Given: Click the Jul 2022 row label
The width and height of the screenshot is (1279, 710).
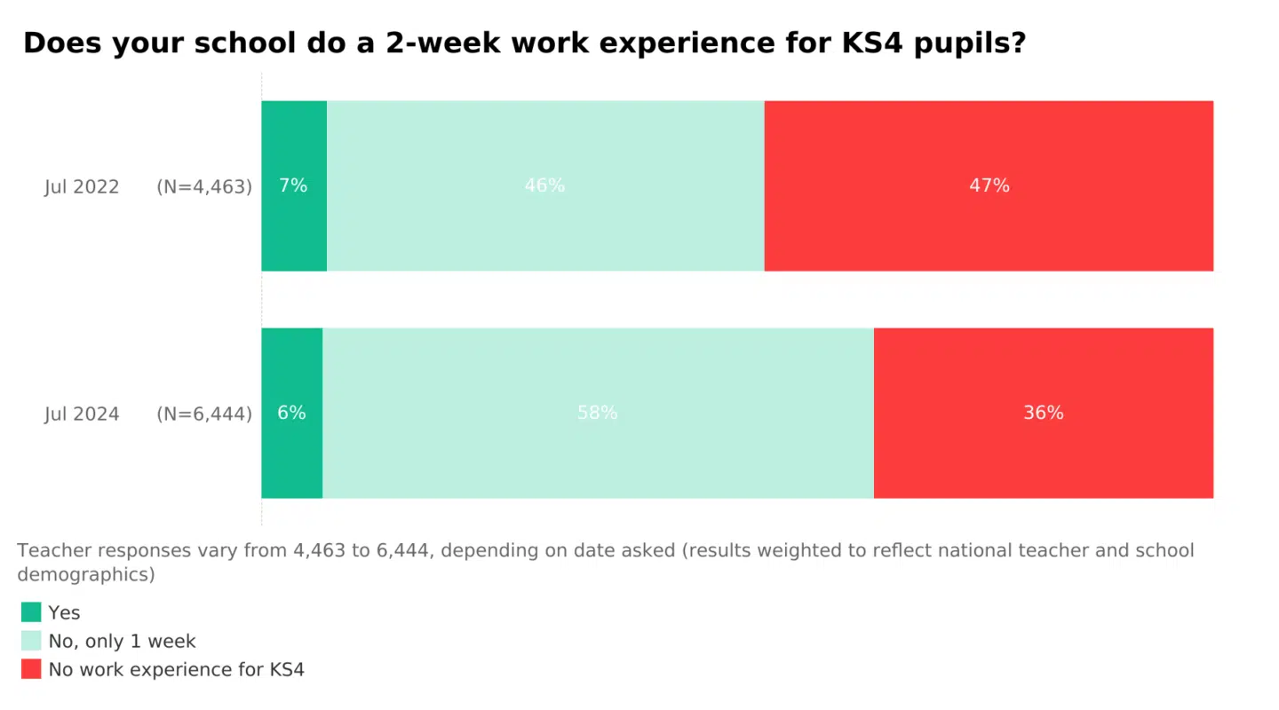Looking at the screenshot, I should point(82,187).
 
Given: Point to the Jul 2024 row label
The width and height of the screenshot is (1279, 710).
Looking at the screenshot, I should point(82,414).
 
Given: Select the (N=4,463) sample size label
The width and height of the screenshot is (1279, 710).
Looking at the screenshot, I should point(204,187).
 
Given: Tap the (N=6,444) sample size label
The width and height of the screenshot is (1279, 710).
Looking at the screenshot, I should point(204,414).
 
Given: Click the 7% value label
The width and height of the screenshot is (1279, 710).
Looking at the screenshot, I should point(293,185).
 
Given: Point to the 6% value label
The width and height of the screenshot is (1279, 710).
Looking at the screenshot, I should point(291,413).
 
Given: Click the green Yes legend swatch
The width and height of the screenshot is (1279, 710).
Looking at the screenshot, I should point(31,612).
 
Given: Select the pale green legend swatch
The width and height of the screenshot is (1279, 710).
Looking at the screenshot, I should point(31,641).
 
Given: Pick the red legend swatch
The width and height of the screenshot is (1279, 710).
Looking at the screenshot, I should point(31,669).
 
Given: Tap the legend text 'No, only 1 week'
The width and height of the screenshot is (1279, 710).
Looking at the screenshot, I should point(122,641).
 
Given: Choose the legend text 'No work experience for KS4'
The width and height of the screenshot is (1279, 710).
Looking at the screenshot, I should point(176,669).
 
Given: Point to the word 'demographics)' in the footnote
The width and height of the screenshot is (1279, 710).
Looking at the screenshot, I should point(86,574).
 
